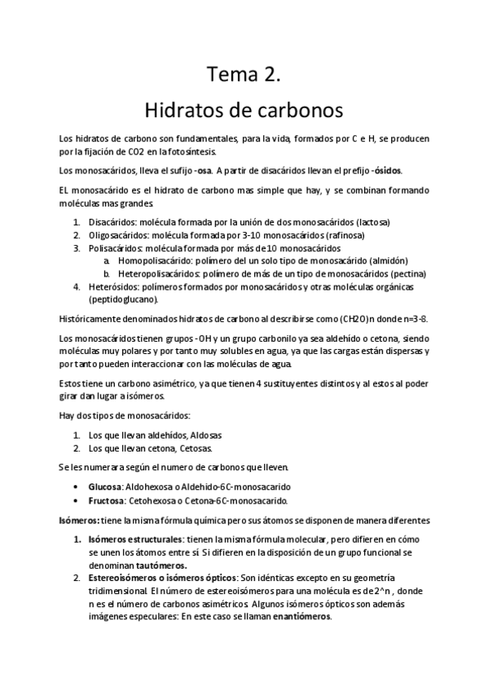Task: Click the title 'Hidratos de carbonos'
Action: [244, 108]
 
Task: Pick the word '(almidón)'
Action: [380, 260]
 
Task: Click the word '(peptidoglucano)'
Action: [124, 299]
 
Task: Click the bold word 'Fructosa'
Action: [107, 500]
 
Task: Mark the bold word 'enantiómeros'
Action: [301, 616]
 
